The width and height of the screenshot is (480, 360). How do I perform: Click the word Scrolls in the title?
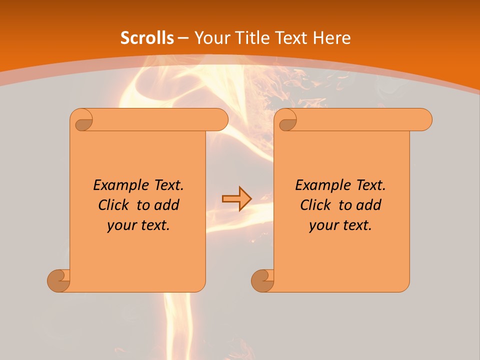pos(147,38)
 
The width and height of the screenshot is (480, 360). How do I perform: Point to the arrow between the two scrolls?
pos(236,199)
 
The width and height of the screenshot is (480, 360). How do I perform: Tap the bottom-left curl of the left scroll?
pos(58,280)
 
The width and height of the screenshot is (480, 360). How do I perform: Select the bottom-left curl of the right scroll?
pos(262,280)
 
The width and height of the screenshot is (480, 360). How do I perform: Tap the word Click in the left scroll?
pos(112,205)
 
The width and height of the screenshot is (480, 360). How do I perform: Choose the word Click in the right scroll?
pos(314,205)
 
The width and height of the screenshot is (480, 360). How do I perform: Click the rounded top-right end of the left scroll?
pos(220,120)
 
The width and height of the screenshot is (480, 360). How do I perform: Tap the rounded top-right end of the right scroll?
pos(424,120)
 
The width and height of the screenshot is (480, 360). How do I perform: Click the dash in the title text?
pos(182,38)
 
